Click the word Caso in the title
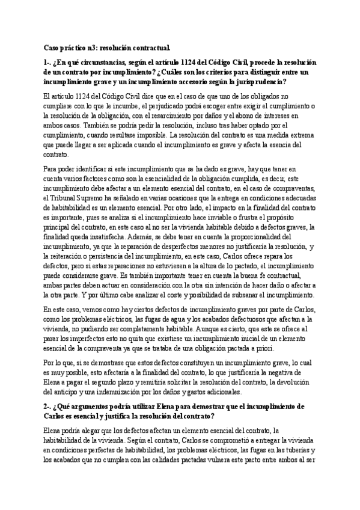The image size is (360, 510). tap(53, 47)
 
